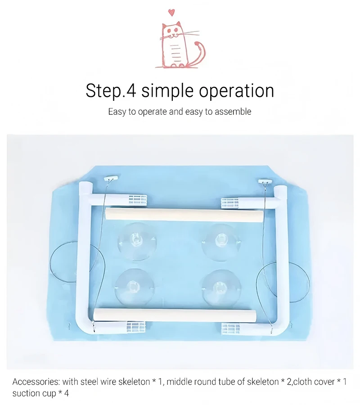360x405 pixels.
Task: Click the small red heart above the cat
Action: [171, 12]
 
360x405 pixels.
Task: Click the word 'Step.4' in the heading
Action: [111, 90]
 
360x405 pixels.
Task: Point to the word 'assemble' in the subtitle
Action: [233, 112]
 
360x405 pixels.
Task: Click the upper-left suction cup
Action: [137, 241]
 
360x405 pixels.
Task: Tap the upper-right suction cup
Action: [221, 242]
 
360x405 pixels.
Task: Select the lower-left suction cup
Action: [134, 287]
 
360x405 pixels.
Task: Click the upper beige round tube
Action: [184, 215]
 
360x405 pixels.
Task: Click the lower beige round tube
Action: [175, 315]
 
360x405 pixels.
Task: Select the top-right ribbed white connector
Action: [230, 203]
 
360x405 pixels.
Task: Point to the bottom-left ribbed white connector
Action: [136, 327]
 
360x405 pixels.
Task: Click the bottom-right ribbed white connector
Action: [230, 329]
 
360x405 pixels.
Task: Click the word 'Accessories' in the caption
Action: [36, 382]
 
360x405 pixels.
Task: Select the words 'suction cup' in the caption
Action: [34, 393]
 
